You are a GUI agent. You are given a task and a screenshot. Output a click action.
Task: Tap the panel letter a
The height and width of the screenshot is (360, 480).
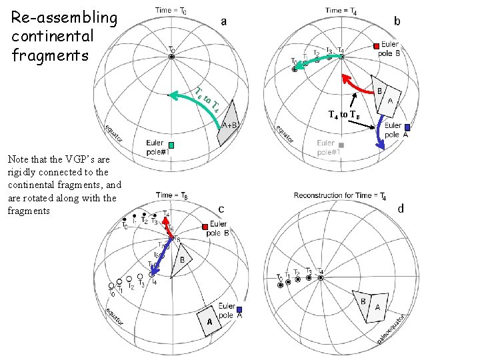pyautogui.click(x=224, y=21)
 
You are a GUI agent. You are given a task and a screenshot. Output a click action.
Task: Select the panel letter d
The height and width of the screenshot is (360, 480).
pyautogui.click(x=401, y=209)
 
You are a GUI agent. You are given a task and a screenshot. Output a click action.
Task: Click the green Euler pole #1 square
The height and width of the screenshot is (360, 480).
pyautogui.click(x=171, y=145)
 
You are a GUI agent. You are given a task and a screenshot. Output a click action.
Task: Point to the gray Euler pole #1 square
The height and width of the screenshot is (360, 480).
pyautogui.click(x=341, y=145)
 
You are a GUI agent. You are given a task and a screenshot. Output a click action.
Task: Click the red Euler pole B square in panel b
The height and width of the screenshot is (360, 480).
pyautogui.click(x=377, y=46)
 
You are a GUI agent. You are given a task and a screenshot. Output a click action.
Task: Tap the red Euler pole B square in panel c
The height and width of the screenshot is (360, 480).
pyautogui.click(x=205, y=227)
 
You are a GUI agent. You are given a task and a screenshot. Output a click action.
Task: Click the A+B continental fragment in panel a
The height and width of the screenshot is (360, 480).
pyautogui.click(x=228, y=123)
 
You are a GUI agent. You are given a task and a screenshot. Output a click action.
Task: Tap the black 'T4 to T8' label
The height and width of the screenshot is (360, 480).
pyautogui.click(x=344, y=115)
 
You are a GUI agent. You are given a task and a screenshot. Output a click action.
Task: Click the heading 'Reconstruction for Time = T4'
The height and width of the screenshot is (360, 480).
pyautogui.click(x=340, y=195)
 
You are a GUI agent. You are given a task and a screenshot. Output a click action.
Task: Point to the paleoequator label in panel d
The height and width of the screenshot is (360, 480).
pyautogui.click(x=393, y=329)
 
